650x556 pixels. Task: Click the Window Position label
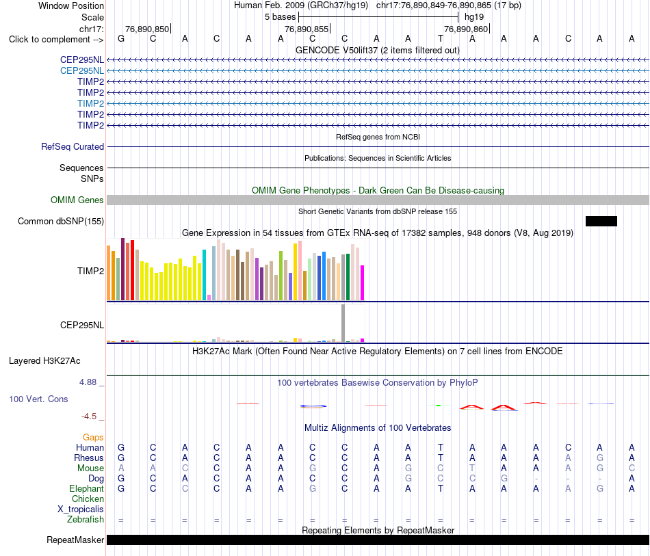(x=71, y=5)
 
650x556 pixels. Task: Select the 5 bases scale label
(x=281, y=17)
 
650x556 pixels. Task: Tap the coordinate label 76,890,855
(x=307, y=29)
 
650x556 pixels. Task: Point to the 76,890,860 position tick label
(x=466, y=29)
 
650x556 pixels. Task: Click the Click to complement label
(x=56, y=40)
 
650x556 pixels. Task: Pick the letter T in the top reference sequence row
(x=440, y=38)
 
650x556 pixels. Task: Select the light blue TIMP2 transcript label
(x=90, y=103)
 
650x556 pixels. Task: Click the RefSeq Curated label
(x=73, y=146)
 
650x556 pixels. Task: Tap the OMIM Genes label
(x=77, y=200)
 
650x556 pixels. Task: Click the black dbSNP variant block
(x=601, y=222)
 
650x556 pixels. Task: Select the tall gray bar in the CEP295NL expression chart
(x=343, y=323)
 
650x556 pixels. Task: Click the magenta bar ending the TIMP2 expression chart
(x=363, y=282)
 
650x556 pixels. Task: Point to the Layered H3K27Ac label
(x=44, y=361)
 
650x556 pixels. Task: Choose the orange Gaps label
(x=93, y=438)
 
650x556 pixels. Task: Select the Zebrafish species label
(x=86, y=520)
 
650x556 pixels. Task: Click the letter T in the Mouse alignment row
(x=472, y=468)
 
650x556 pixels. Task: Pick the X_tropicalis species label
(x=81, y=509)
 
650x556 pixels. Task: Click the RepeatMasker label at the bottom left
(x=75, y=540)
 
